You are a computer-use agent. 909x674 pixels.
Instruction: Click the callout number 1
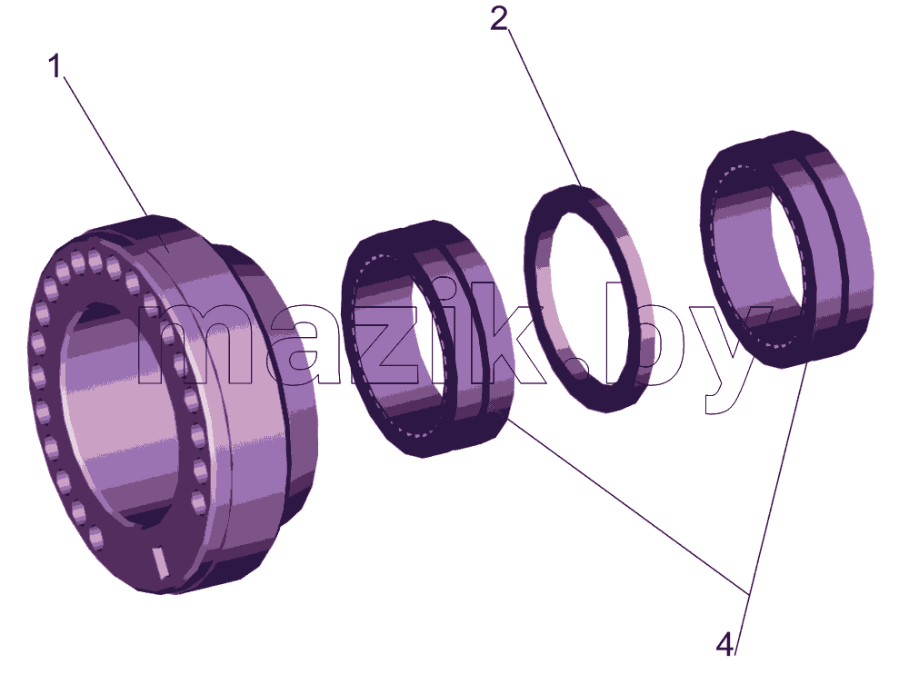(x=55, y=66)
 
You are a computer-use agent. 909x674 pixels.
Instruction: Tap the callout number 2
(x=499, y=19)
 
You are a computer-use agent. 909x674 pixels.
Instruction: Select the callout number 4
(x=724, y=644)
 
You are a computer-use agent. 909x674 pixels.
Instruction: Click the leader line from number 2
(x=544, y=108)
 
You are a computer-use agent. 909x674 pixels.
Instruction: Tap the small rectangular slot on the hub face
(x=159, y=561)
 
